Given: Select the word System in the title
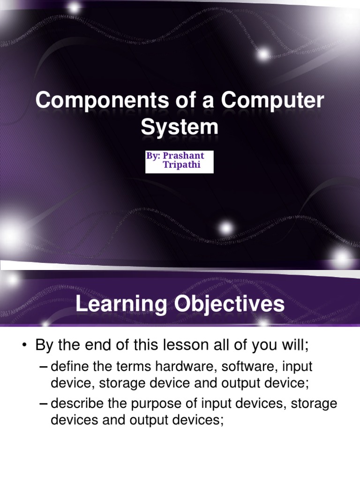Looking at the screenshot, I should [x=180, y=127].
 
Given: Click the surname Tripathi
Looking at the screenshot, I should [x=182, y=165].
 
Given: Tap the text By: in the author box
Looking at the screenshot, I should [x=153, y=156].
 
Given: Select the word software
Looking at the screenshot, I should [x=237, y=366].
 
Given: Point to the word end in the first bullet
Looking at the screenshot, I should [x=97, y=346].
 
